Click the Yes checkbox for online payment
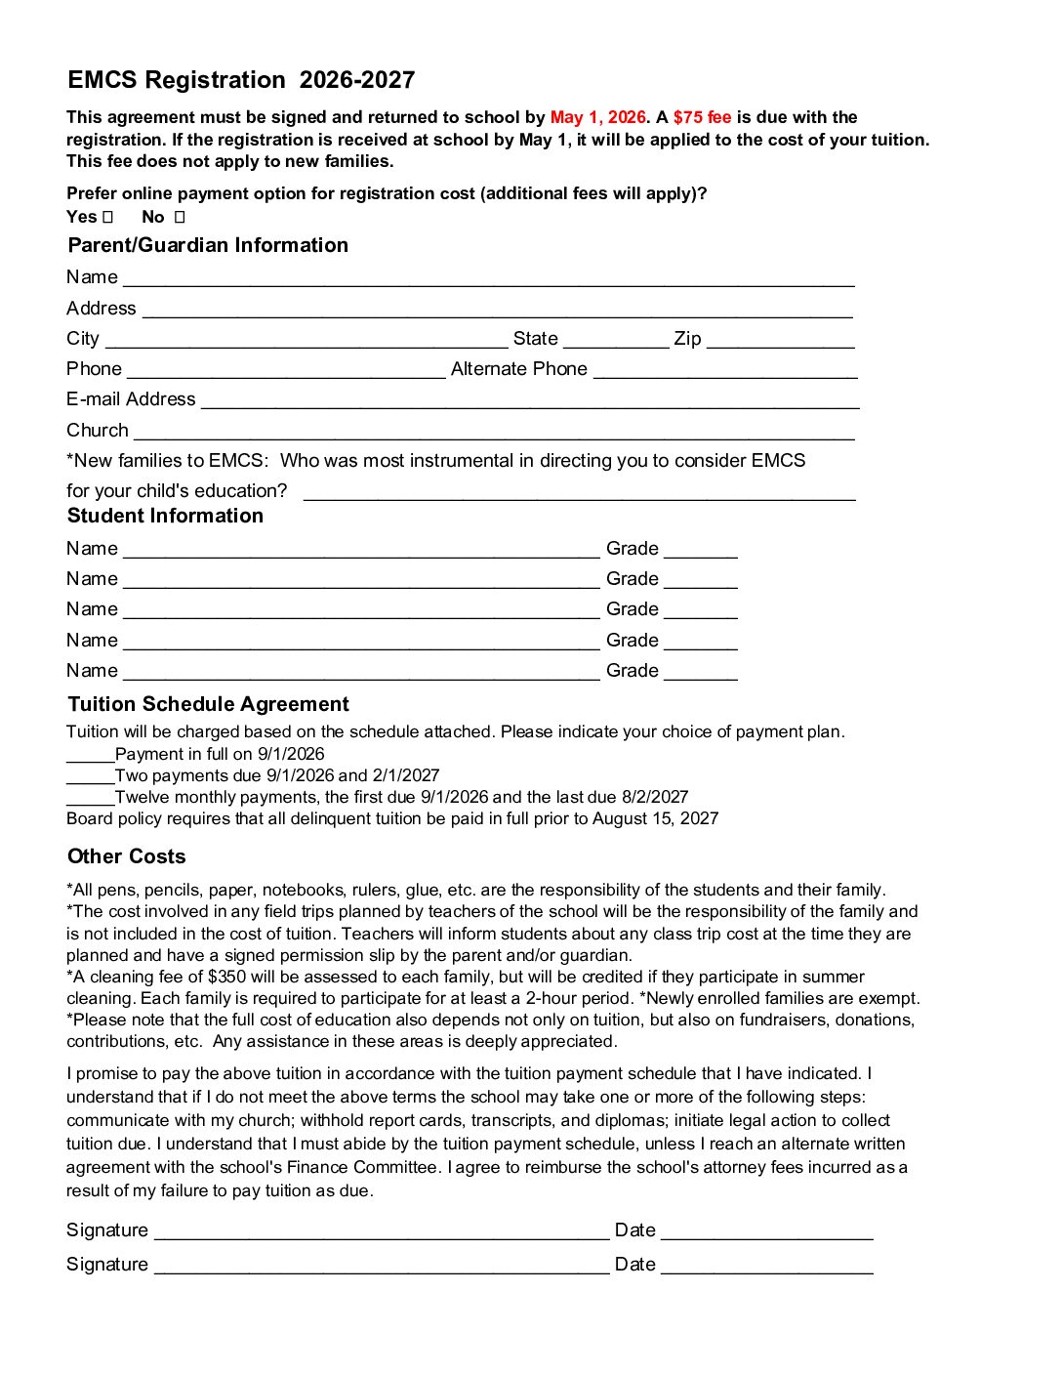108,217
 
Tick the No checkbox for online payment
180,217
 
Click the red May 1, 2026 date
597,117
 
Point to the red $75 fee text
702,117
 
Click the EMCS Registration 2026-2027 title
241,80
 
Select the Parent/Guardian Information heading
208,245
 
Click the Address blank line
497,312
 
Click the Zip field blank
780,342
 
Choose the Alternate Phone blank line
725,372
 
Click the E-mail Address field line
529,402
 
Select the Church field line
494,434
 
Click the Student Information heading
165,516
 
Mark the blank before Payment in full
90,756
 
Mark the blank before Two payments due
90,777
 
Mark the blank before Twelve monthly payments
90,799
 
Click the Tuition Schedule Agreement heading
208,704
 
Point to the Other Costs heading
126,856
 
